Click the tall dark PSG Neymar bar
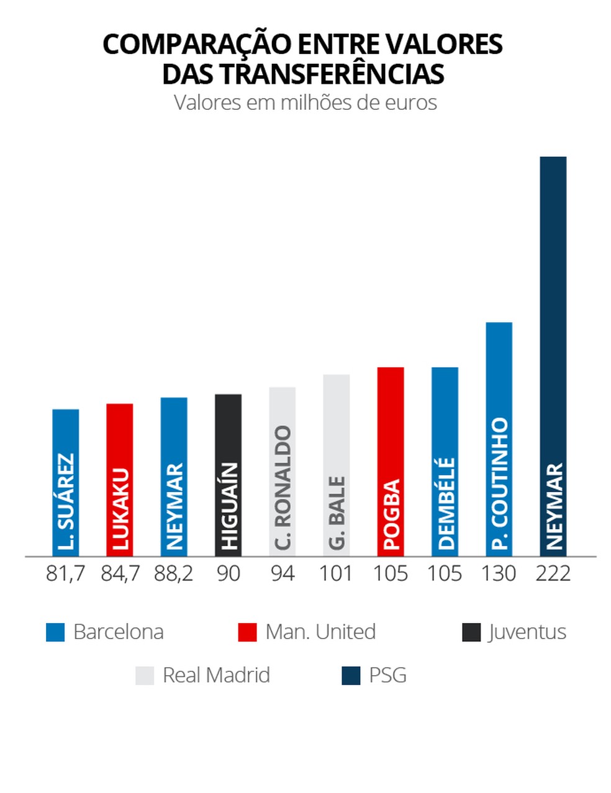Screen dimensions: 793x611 [553, 356]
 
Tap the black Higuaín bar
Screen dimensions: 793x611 [228, 475]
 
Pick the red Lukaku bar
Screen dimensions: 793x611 [119, 480]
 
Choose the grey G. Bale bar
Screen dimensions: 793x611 [336, 465]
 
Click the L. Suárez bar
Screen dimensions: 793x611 [65, 482]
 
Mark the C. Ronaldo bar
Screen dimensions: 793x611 [282, 472]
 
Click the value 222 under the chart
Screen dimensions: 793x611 [553, 573]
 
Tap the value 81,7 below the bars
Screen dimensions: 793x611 [65, 573]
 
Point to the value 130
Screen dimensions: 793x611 [499, 573]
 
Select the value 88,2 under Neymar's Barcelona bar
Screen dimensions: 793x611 [174, 573]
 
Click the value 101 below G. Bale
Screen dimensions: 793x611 [336, 573]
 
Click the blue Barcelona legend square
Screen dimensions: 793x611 [55, 632]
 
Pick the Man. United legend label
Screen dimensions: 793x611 [320, 632]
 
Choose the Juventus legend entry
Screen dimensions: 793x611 [527, 632]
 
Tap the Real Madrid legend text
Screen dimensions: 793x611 [216, 675]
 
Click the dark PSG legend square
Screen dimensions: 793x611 [351, 676]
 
